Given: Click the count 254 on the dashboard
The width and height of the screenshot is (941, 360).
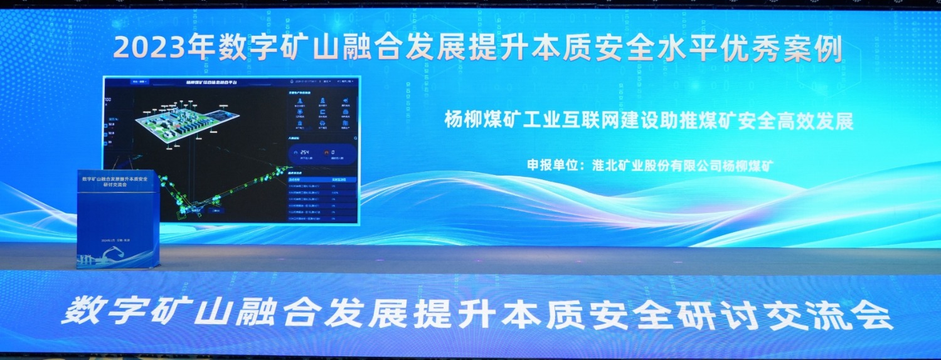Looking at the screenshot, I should tap(306, 152).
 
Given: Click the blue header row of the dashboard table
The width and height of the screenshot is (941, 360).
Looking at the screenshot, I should tap(322, 179).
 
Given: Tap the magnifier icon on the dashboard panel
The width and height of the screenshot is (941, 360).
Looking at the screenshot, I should tap(355, 137).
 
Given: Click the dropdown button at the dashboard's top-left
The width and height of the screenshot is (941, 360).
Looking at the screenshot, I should tap(139, 82).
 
